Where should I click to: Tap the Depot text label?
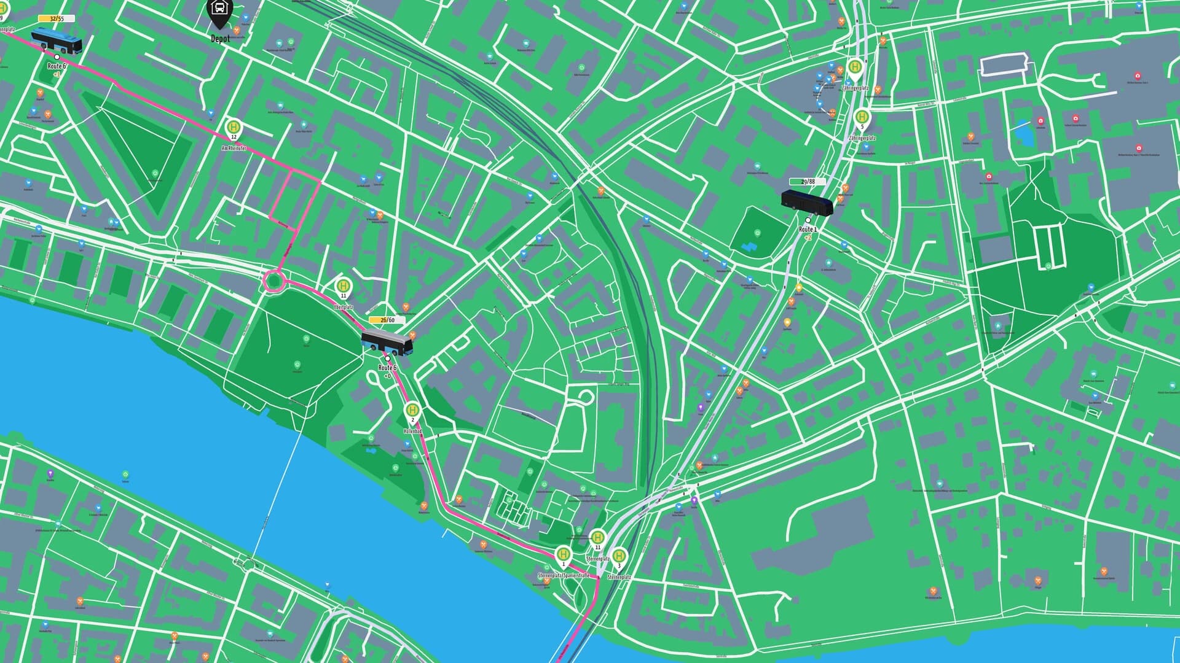tap(220, 39)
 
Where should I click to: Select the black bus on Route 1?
tap(806, 202)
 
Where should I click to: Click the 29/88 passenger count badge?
tap(807, 182)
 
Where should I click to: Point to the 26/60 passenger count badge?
tap(387, 320)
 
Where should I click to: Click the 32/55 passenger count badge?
tap(57, 18)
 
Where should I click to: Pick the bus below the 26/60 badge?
tap(387, 343)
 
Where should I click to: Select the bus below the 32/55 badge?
tap(57, 40)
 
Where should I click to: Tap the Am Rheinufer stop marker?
tap(234, 128)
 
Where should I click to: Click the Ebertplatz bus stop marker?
tap(344, 287)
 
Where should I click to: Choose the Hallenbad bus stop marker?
tap(412, 411)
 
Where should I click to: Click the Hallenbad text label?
tap(413, 432)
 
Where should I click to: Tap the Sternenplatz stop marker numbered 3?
tap(619, 557)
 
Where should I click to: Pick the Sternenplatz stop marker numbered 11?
tap(597, 538)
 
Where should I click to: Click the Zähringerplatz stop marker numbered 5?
tap(862, 117)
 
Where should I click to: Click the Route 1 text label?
tap(808, 229)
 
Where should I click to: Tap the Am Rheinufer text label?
tap(234, 148)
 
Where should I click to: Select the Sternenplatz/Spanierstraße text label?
tap(564, 576)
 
